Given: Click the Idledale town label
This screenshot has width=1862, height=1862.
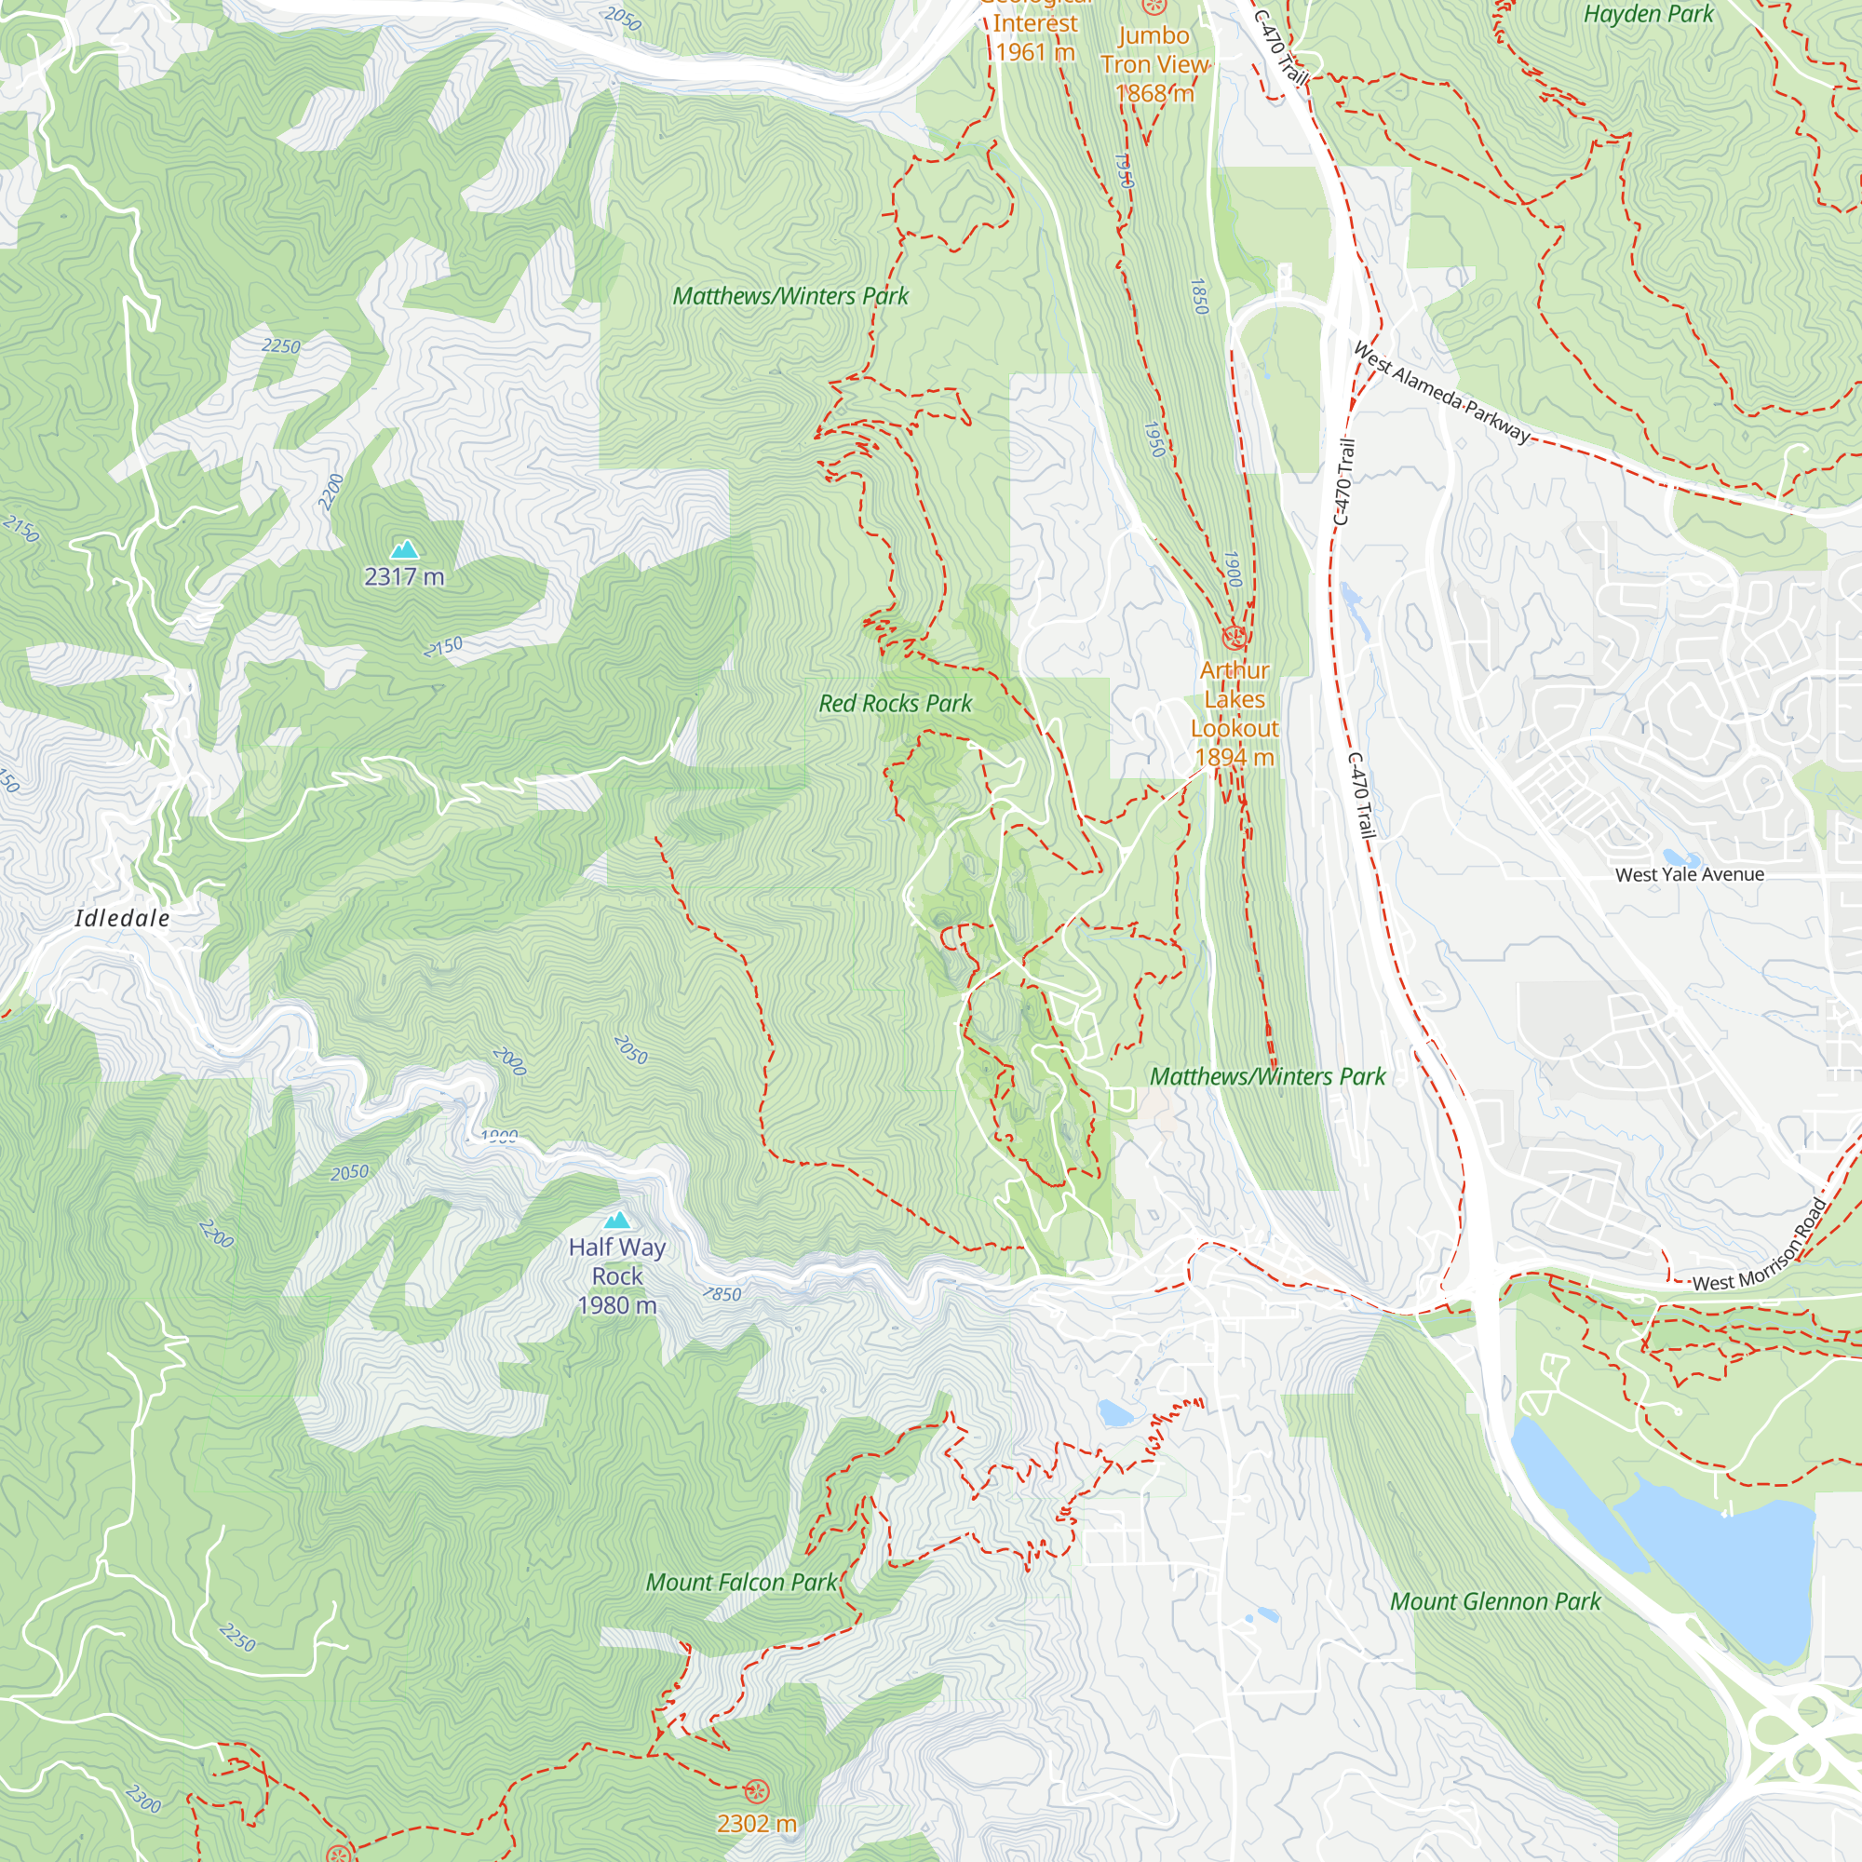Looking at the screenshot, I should pos(122,918).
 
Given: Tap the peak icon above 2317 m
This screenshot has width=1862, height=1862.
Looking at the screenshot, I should pos(405,550).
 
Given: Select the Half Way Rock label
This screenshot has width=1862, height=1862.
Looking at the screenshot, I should pos(617,1275).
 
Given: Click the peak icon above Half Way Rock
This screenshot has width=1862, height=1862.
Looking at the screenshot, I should pos(617,1221).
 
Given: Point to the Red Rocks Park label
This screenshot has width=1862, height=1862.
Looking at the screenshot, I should pos(895,704).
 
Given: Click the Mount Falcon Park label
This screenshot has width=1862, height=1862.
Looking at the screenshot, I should pos(741,1582).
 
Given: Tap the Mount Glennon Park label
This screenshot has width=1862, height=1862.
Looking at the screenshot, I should pos(1494,1600).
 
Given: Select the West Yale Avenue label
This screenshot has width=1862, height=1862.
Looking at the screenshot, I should pos(1690,874).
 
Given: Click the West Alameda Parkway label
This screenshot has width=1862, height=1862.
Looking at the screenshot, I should pos(1441,392).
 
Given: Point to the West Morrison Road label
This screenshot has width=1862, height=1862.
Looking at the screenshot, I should pos(1760,1249).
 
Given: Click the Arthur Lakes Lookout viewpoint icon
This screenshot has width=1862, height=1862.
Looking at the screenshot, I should pos(1234,637).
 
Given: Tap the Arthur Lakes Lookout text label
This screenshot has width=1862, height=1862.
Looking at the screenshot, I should pos(1235,713).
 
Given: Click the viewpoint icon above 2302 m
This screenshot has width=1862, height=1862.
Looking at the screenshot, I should pos(757,1790).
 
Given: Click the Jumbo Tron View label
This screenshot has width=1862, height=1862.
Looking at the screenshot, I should pos(1154,63).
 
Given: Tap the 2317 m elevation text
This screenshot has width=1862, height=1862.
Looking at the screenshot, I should pos(404,576).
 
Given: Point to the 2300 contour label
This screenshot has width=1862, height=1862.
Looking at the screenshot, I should pos(143,1799).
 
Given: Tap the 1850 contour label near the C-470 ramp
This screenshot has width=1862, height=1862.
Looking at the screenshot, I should pos(1199,296).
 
